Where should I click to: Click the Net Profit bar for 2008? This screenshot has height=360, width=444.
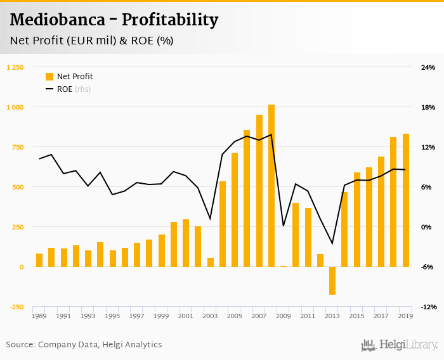[271, 186]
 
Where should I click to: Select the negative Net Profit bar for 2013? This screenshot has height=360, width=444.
[332, 280]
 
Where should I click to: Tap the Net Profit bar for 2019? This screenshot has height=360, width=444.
[405, 200]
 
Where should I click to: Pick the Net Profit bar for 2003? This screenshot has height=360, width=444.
[211, 262]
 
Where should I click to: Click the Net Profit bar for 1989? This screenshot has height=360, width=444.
[39, 260]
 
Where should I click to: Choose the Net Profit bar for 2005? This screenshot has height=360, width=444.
[235, 210]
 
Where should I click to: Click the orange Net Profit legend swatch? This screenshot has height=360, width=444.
[49, 77]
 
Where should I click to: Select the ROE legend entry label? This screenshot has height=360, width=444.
[65, 89]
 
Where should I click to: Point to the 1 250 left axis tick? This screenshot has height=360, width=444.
[15, 67]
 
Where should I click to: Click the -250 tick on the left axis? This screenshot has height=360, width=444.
[16, 307]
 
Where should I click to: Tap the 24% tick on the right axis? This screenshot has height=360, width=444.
[428, 67]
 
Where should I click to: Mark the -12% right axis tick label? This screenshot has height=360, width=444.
[428, 307]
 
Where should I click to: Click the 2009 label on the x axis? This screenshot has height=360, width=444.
[284, 316]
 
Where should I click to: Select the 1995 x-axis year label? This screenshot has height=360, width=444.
[112, 316]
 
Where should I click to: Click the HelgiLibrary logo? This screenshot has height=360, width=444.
[400, 345]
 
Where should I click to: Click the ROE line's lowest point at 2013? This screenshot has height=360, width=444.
[332, 243]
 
